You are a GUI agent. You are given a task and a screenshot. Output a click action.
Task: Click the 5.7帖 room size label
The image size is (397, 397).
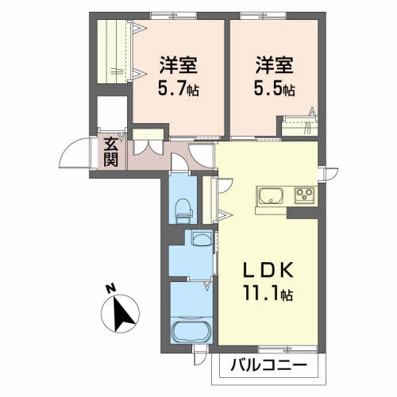tap(179, 89)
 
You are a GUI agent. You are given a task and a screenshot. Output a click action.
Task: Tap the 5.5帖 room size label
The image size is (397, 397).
tap(275, 89)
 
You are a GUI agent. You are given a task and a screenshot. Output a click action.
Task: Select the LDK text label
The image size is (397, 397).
tap(268, 270)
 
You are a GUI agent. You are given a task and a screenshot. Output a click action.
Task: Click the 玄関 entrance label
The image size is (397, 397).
tap(110, 152)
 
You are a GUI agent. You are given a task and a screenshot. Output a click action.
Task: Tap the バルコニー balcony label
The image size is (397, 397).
tap(268, 366)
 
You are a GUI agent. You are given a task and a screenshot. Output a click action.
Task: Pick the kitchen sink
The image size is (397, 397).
tap(271, 196)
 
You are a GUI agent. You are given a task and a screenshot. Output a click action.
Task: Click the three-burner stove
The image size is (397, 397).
tap(305, 195)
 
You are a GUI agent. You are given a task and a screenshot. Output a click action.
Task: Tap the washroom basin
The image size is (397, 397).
tap(202, 238)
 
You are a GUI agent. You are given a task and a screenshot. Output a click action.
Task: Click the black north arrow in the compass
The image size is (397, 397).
tap(122, 314)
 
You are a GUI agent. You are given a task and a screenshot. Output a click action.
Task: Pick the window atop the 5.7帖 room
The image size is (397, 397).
tap(174, 16)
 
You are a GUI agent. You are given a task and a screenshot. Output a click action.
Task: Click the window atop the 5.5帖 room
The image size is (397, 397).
tap(264, 16)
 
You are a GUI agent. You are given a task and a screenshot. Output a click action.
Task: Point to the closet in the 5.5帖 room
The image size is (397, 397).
tap(300, 126)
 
